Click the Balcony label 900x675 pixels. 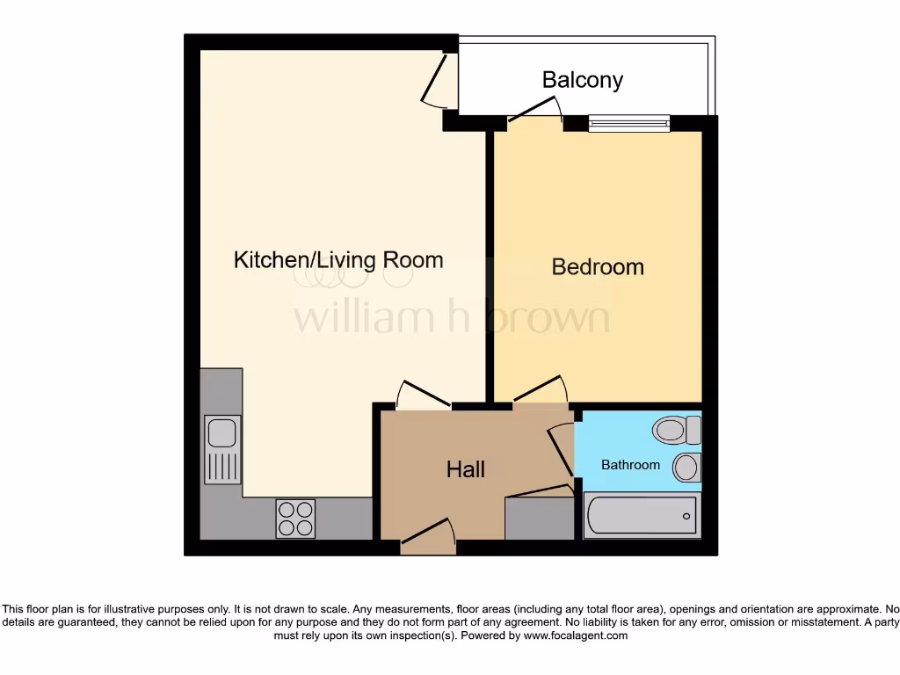pyautogui.click(x=582, y=80)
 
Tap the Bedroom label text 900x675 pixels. pyautogui.click(x=598, y=266)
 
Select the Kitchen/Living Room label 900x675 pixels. pyautogui.click(x=338, y=260)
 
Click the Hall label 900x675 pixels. pyautogui.click(x=465, y=469)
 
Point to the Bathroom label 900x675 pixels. pyautogui.click(x=630, y=464)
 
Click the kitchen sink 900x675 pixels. pyautogui.click(x=221, y=449)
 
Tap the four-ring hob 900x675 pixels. pyautogui.click(x=295, y=519)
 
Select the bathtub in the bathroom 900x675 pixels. pyautogui.click(x=642, y=515)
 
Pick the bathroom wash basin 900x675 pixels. pyautogui.click(x=686, y=467)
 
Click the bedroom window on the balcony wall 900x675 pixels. pyautogui.click(x=629, y=123)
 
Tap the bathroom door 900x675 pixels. pyautogui.click(x=560, y=450)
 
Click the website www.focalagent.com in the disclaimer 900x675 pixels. pyautogui.click(x=576, y=635)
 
